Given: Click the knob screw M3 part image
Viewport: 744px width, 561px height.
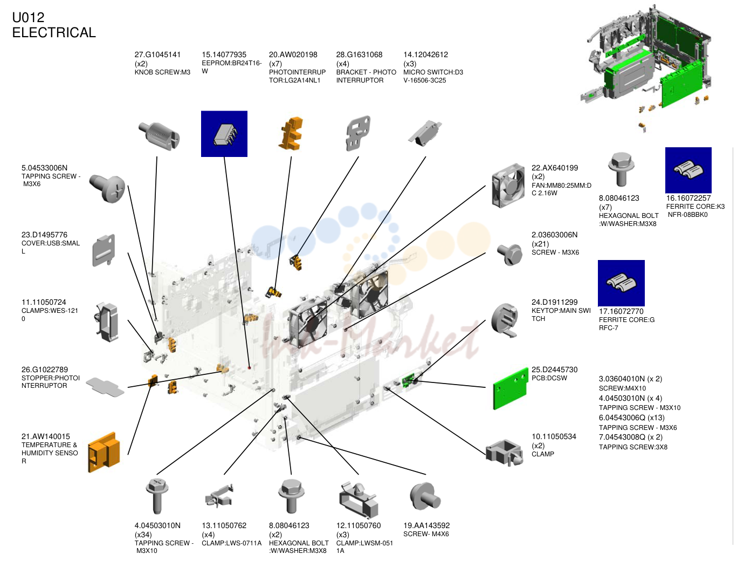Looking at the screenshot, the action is (159, 136).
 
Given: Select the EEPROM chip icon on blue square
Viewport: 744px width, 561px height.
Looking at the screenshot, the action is (224, 134).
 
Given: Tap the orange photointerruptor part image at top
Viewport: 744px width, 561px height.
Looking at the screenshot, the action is (291, 133).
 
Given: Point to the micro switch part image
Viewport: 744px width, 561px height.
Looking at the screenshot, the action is (425, 133).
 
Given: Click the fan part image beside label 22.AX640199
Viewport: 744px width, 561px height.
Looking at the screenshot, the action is (508, 186).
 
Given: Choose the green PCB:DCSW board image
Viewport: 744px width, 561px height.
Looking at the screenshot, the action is (511, 388).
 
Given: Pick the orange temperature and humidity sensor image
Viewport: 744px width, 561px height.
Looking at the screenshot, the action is (104, 452).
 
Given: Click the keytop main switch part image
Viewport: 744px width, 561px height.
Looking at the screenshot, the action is (505, 320).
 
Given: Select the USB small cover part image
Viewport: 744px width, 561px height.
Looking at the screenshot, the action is (104, 250).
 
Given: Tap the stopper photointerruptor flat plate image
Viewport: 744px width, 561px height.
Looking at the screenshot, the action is (105, 387).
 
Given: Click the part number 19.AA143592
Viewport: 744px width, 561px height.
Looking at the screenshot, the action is (426, 525).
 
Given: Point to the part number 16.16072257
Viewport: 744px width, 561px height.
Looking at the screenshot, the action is (688, 199).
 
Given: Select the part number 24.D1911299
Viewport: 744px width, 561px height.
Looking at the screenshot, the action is (554, 302).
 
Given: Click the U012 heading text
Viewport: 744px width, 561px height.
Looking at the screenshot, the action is (28, 18).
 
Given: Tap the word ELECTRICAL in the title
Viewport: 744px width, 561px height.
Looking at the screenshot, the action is (54, 32).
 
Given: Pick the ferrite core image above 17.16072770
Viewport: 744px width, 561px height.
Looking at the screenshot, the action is (621, 283).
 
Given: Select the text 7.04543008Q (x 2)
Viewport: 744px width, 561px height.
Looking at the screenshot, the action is (630, 437).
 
